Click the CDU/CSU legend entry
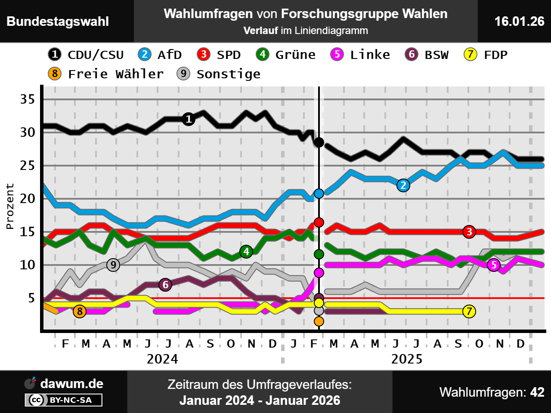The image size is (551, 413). (x=86, y=55)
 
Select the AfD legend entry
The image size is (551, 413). (x=160, y=55)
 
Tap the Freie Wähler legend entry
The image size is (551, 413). (x=106, y=74)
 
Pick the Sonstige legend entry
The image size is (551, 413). (x=219, y=74)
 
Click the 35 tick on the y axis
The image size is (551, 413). (x=28, y=99)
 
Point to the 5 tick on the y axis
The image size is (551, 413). (x=31, y=298)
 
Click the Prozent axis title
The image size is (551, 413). (x=10, y=206)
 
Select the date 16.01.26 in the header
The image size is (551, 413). (x=519, y=21)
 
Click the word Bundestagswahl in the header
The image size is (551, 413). (x=58, y=22)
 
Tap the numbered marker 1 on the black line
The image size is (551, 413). (x=188, y=119)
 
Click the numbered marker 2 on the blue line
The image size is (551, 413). (x=403, y=185)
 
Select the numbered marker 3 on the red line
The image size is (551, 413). (x=469, y=232)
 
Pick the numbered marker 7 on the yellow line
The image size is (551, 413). (x=469, y=311)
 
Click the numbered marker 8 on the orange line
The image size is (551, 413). (x=79, y=311)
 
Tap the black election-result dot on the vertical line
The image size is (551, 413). (x=319, y=142)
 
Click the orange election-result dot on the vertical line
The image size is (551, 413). (x=319, y=321)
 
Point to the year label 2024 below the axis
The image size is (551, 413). (x=162, y=359)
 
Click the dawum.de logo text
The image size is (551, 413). (x=71, y=383)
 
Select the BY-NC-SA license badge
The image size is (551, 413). (x=64, y=400)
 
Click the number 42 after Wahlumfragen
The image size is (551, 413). (x=537, y=392)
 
